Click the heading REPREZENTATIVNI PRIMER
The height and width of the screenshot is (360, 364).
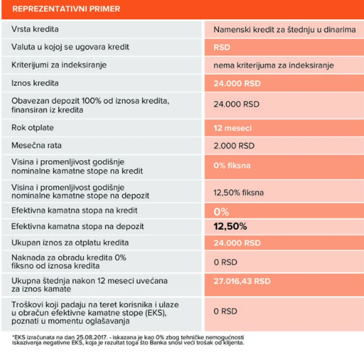66,9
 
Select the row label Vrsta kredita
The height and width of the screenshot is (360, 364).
35,30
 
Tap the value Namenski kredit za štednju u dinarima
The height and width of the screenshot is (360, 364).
284,30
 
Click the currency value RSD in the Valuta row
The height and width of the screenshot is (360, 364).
222,47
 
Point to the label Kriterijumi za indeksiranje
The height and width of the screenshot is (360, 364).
59,65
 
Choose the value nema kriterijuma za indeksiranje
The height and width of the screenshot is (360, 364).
274,65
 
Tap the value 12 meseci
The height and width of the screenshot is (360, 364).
233,128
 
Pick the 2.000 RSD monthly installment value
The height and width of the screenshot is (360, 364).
234,146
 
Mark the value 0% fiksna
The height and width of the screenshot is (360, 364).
232,165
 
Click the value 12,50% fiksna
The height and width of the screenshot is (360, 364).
239,192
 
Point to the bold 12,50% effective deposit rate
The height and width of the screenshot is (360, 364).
230,226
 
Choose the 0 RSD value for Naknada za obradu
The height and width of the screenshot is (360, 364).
225,262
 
